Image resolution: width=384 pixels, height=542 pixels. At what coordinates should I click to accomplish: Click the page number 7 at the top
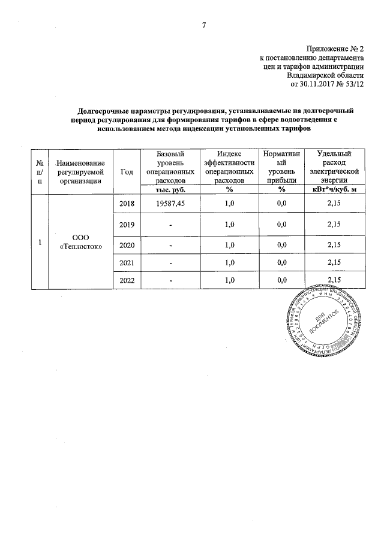point(203,25)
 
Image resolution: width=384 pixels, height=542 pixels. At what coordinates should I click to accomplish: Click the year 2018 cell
point(127,204)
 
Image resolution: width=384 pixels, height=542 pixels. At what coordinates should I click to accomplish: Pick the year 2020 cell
point(127,245)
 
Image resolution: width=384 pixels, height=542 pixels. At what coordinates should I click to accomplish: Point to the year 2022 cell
point(127,280)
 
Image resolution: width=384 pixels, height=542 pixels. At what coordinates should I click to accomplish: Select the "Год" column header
point(127,171)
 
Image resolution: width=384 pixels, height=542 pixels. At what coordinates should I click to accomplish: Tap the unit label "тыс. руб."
point(170,190)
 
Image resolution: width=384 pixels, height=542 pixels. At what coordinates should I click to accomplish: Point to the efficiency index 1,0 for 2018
point(228,204)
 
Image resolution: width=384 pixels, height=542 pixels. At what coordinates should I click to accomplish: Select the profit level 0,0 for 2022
point(279,280)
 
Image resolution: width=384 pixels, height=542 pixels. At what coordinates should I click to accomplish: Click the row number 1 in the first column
point(40,242)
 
